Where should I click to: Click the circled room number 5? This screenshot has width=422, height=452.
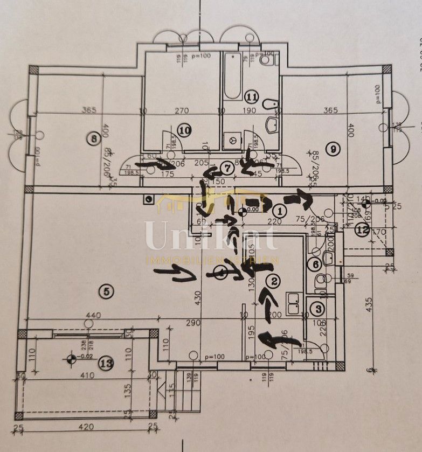click(106, 291)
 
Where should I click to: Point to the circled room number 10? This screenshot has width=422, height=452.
click(184, 130)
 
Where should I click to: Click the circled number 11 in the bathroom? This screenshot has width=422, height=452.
click(251, 97)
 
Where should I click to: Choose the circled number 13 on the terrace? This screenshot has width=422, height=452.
click(107, 364)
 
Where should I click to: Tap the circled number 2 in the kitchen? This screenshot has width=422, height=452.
click(273, 280)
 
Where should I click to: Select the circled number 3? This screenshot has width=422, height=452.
click(319, 309)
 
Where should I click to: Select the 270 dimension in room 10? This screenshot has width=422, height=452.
click(181, 111)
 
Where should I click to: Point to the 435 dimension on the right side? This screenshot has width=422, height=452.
click(370, 303)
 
